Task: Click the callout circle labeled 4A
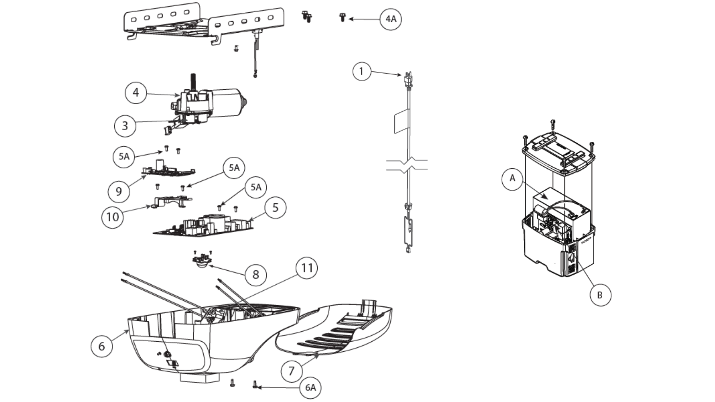(x=391, y=19)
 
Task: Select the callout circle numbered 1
(x=362, y=71)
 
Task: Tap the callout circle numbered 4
(x=136, y=92)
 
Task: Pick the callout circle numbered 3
(x=125, y=125)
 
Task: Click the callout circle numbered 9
(x=119, y=191)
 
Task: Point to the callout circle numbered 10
(x=112, y=217)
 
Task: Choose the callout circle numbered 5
(x=275, y=207)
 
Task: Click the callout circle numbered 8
(x=255, y=275)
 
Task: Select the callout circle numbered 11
(x=307, y=268)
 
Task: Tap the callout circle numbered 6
(x=102, y=346)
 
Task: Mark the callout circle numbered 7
(x=292, y=371)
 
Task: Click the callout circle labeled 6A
(x=310, y=388)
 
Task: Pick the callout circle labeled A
(x=512, y=179)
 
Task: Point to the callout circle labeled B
(x=600, y=295)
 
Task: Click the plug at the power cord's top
(x=409, y=80)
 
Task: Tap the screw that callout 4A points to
(x=342, y=17)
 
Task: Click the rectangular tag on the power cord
(x=401, y=121)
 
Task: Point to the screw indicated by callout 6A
(x=255, y=384)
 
